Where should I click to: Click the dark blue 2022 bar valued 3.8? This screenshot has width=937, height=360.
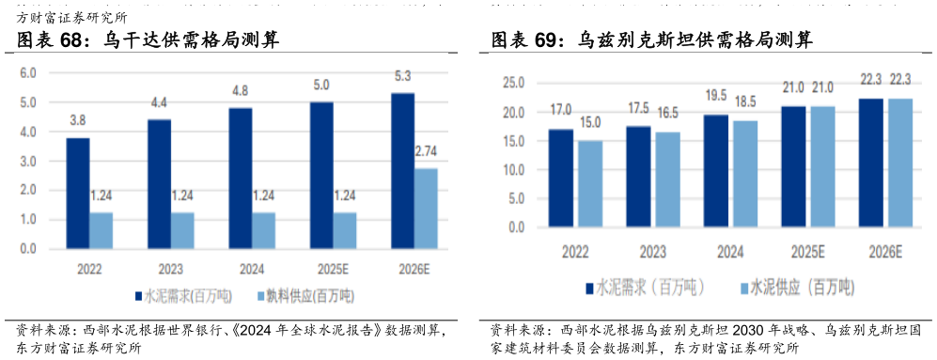point(78,194)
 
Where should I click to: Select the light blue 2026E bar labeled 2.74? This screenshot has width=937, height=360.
point(426,209)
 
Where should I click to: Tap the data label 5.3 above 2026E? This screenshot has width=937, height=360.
point(401,77)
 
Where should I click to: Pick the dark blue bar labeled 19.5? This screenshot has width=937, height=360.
point(715,170)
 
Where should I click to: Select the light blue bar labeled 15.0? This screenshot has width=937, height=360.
point(590,183)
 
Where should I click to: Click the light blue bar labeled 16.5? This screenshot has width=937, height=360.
point(667,179)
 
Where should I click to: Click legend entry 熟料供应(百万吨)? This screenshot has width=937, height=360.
point(305,295)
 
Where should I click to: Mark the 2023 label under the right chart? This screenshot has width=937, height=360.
point(652,253)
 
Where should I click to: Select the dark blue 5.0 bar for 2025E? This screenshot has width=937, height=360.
point(321,176)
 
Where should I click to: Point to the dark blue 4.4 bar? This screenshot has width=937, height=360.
point(159,184)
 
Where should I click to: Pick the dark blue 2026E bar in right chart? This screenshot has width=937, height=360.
point(871,162)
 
